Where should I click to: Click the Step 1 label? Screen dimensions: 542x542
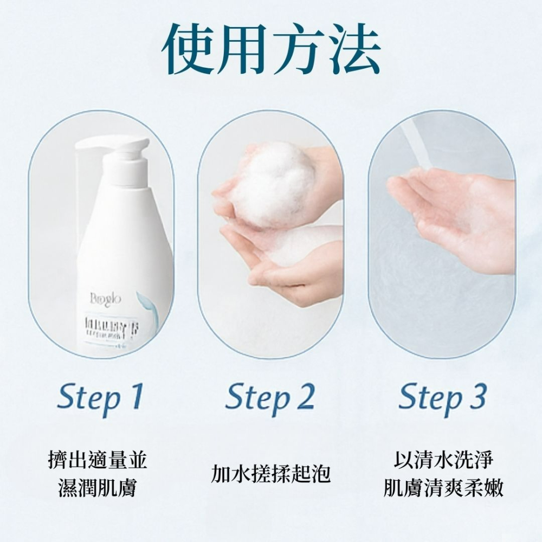pyautogui.click(x=100, y=397)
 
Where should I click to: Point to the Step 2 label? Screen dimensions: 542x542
pyautogui.click(x=269, y=397)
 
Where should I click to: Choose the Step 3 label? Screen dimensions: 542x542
pyautogui.click(x=442, y=397)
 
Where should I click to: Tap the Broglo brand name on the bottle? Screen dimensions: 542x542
pyautogui.click(x=106, y=299)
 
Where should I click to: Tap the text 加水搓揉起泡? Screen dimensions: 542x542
pyautogui.click(x=270, y=473)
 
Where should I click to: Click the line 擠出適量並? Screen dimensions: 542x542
pyautogui.click(x=98, y=461)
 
